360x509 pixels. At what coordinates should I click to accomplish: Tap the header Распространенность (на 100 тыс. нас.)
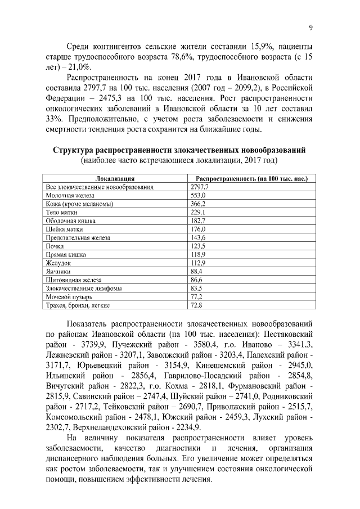251,178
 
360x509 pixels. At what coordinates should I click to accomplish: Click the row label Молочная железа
66,195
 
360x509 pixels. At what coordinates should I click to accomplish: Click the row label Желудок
58,263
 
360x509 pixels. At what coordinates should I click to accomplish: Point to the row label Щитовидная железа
73,280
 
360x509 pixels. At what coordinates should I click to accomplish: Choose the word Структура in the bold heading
76,151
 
